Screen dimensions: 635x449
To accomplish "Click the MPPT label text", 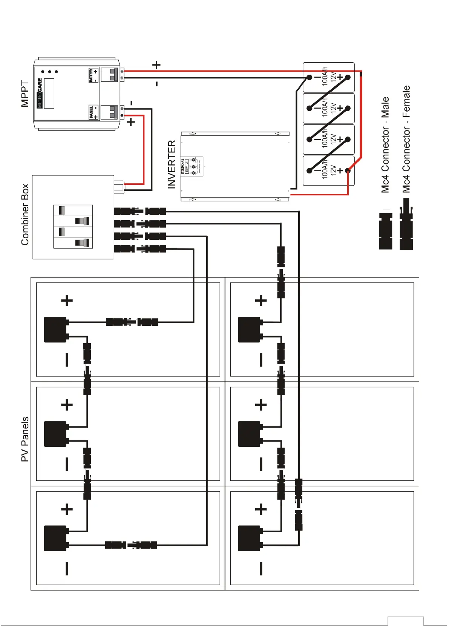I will pos(25,94).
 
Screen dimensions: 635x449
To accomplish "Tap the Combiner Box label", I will pos(25,214).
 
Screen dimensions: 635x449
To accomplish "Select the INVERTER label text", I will pos(172,164).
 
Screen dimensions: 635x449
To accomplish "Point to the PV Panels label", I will pos(25,439).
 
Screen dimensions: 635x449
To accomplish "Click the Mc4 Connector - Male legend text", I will pos(385,145).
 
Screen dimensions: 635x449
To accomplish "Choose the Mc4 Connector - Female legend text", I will pos(406,139).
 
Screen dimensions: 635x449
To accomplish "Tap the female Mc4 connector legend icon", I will pos(406,224).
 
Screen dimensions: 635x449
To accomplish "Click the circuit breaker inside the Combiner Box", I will pos(73,226).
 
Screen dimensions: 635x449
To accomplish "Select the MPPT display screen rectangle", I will pos(49,93).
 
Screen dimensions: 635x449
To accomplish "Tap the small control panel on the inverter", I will pos(192,166).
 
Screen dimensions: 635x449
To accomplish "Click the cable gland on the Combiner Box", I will pos(119,187).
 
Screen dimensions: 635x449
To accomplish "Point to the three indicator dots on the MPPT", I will pos(49,72).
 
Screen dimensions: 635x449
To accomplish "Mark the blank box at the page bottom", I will pos(405,621).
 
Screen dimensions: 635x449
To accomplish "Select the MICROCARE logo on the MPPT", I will pos(40,93).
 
